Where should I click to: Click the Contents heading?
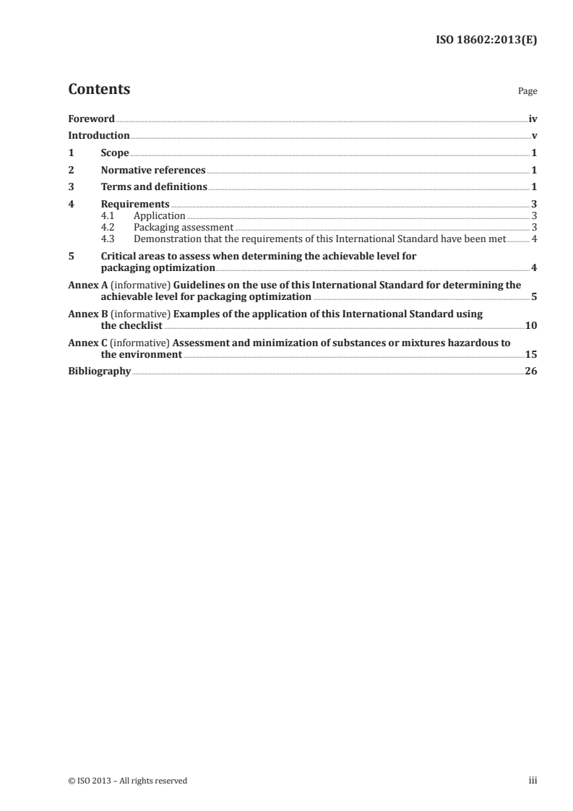[x=99, y=90]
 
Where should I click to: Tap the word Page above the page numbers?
[x=527, y=92]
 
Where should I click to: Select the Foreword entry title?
[x=91, y=119]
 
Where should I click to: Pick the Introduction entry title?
[x=98, y=135]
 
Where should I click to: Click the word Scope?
[x=115, y=153]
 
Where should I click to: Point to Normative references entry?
[x=153, y=170]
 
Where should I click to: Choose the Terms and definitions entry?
[x=154, y=187]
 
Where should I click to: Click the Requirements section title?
[x=135, y=205]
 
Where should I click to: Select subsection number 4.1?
[x=108, y=215]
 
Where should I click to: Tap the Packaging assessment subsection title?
[x=183, y=227]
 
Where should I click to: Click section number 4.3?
[x=108, y=238]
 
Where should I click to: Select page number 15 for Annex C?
[x=530, y=354]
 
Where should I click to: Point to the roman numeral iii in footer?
[x=533, y=781]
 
